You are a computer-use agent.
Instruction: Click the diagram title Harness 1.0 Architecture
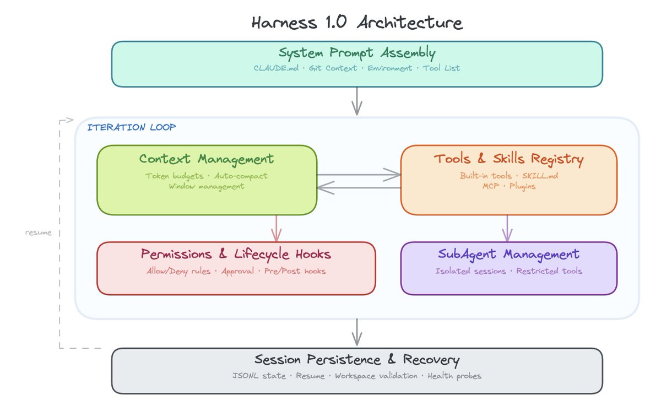357,23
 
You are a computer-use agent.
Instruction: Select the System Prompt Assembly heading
357,53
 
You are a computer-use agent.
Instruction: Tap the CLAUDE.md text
276,68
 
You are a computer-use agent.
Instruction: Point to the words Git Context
333,68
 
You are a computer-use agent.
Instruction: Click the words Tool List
441,68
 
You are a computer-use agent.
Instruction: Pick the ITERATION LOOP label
132,127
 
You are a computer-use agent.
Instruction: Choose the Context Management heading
207,159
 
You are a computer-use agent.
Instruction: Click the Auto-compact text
241,176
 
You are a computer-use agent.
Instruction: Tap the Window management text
207,186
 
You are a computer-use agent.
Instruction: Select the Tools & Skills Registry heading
509,159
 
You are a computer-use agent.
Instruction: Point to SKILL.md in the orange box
540,176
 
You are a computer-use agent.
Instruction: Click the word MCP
490,186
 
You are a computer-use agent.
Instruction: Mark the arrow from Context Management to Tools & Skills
359,175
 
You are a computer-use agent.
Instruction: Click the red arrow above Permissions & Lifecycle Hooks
276,229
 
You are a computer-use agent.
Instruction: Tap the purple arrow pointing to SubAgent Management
507,229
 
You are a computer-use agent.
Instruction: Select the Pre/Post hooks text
295,271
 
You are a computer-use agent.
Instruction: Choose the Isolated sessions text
470,271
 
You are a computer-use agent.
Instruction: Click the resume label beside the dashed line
39,233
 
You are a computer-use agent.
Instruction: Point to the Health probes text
454,376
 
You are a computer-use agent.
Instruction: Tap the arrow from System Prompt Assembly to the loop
357,101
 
